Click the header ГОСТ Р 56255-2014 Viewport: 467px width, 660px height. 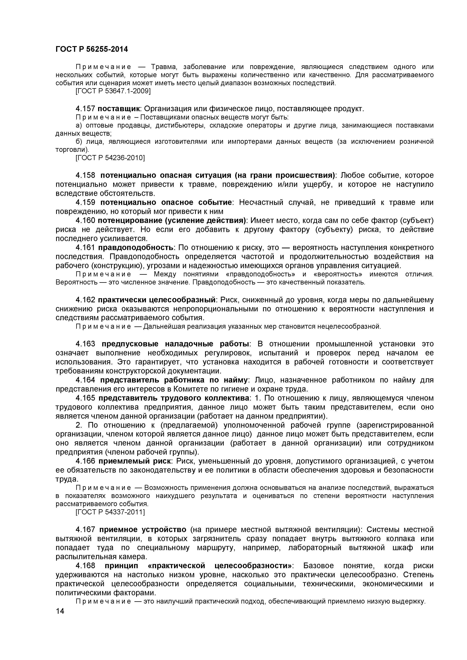tap(92, 49)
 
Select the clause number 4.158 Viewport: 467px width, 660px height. tap(85, 175)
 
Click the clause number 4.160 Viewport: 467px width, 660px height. tap(85, 221)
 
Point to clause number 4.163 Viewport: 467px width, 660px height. tap(85, 344)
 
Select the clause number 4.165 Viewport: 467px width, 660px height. tap(85, 398)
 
